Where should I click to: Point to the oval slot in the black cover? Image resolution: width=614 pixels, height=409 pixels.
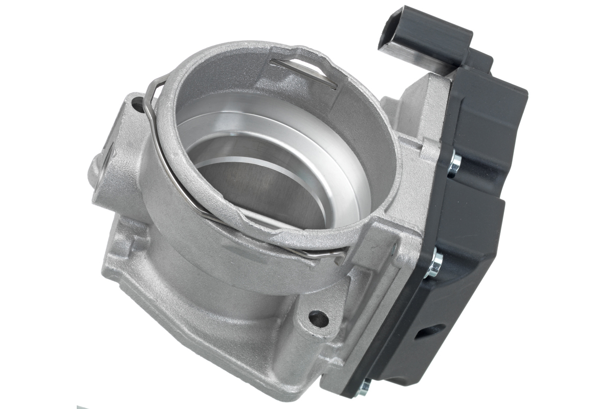pos(428,332)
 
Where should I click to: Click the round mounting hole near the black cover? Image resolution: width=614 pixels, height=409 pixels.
pos(318,319)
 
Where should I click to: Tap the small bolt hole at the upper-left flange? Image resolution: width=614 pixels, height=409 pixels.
pos(137,106)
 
